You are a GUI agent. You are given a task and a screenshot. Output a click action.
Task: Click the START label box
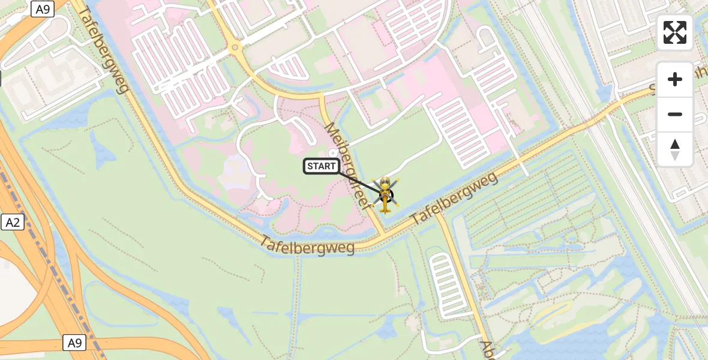322,166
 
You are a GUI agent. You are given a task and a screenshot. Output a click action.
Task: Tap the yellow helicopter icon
385,194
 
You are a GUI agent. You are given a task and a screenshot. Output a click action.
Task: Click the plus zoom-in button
675,79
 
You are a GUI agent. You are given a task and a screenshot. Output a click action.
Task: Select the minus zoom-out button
675,114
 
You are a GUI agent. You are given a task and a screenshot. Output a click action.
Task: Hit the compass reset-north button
675,149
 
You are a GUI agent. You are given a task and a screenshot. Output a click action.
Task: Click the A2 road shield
12,223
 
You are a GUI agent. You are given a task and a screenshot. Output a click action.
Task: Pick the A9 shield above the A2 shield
43,9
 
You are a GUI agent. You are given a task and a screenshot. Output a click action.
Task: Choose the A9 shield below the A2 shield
74,343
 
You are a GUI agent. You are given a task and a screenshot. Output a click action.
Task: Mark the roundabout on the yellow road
235,47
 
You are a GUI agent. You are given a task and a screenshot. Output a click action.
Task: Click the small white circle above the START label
334,152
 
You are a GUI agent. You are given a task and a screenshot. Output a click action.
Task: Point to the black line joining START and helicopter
360,181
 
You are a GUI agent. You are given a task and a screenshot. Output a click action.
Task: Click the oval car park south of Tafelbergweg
446,284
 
